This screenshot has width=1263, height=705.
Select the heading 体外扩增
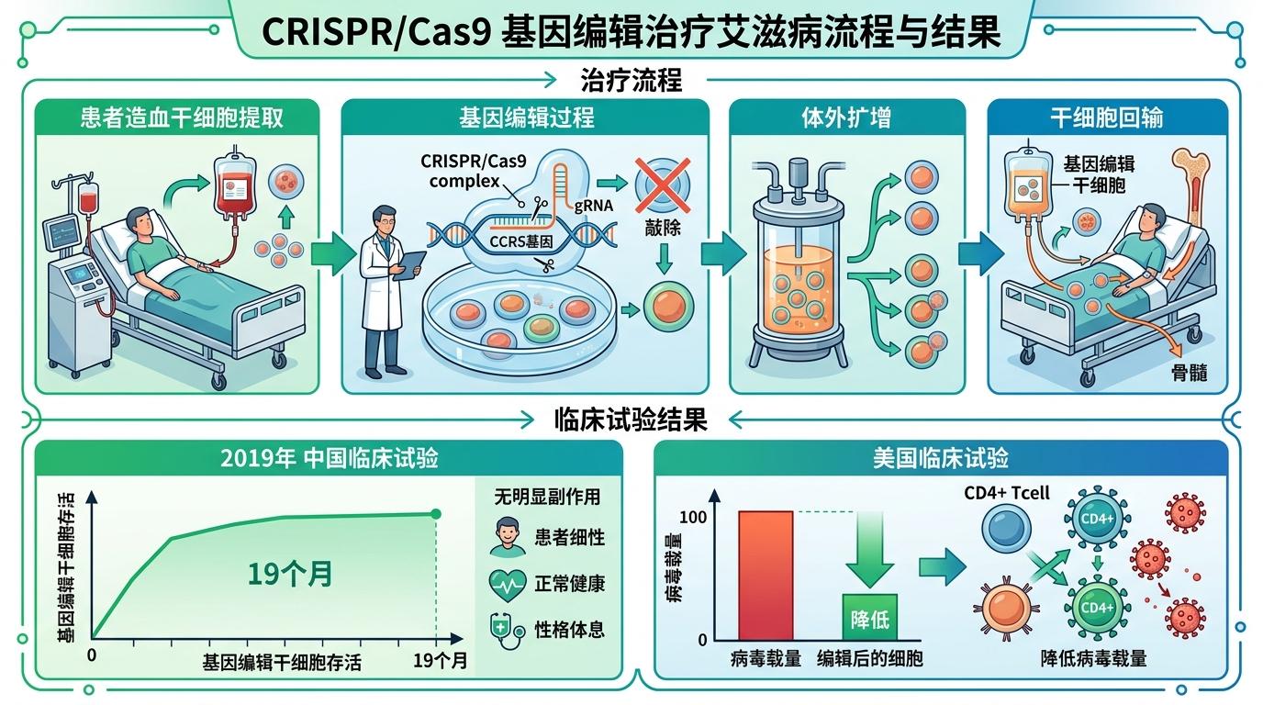(846, 118)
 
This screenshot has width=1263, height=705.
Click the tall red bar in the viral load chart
(765, 576)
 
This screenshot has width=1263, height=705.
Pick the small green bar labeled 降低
(869, 617)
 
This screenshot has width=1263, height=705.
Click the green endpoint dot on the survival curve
(436, 514)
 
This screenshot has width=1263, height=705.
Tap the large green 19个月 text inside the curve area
(289, 574)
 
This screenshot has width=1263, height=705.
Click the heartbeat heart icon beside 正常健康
(508, 583)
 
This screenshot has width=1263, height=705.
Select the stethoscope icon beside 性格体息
(508, 629)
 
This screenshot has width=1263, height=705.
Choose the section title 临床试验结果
(631, 420)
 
